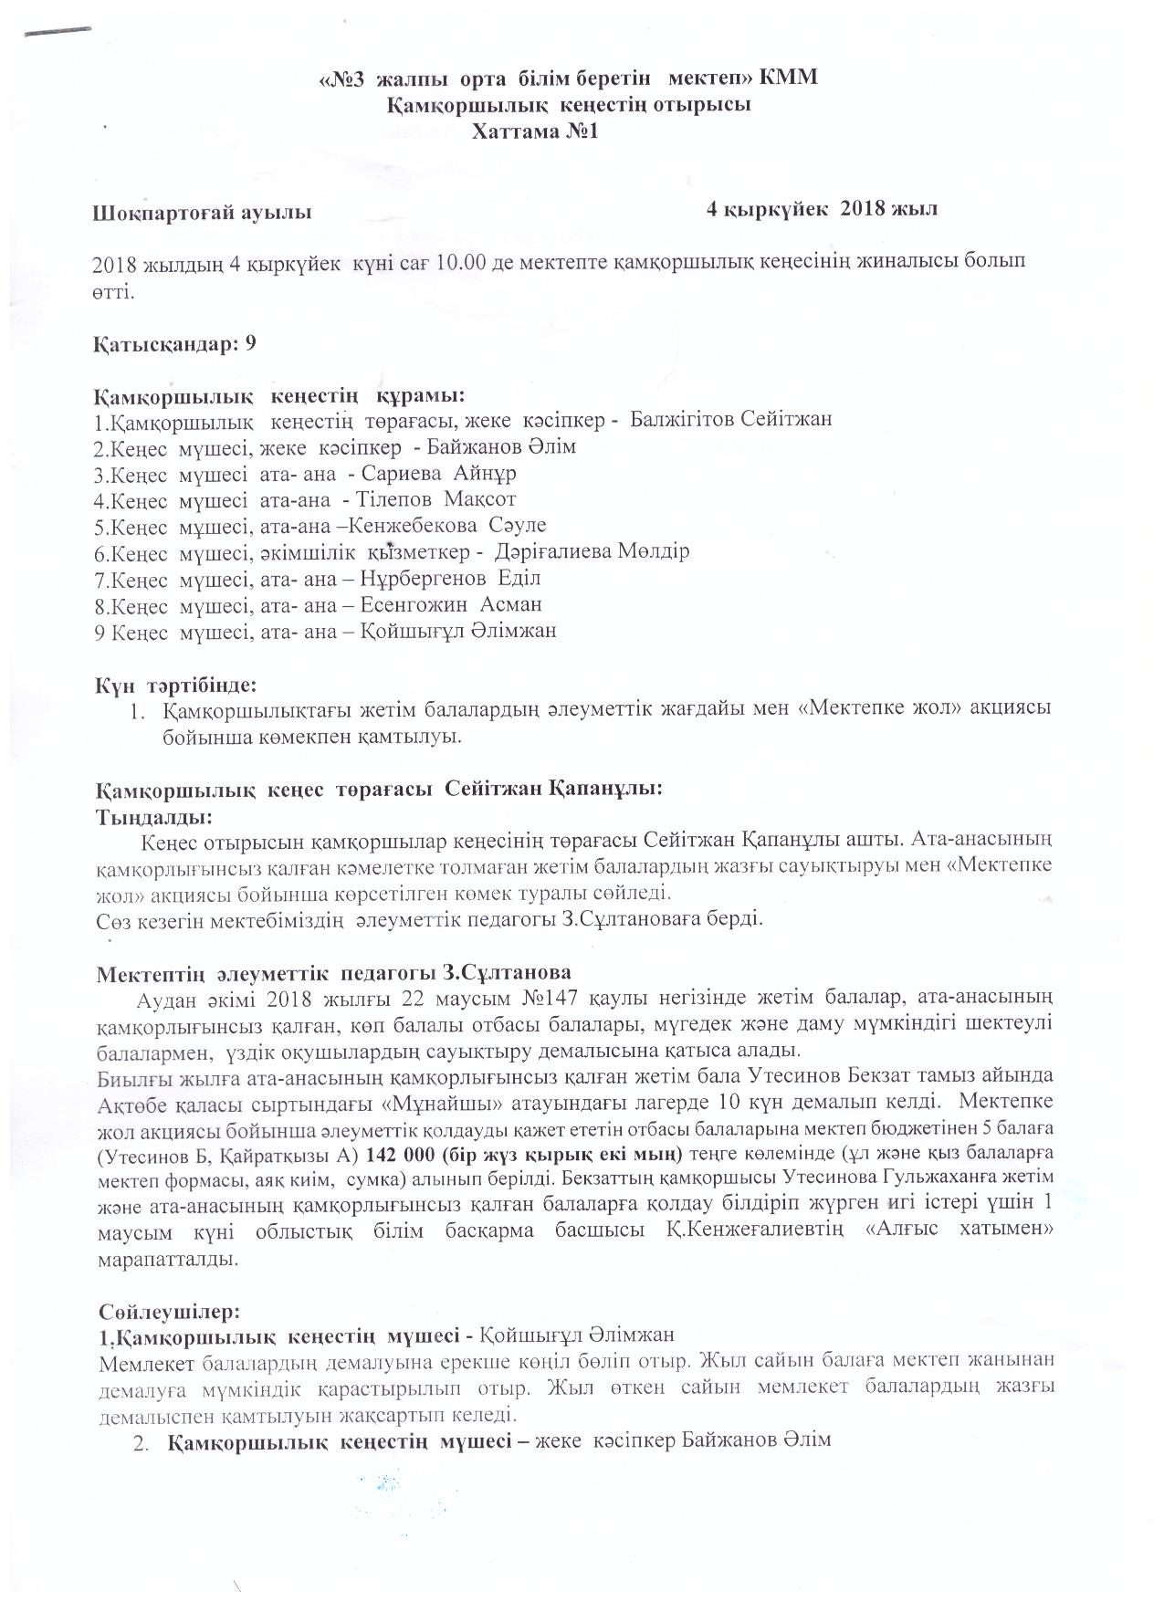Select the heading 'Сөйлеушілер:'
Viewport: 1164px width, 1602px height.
pos(170,1312)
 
